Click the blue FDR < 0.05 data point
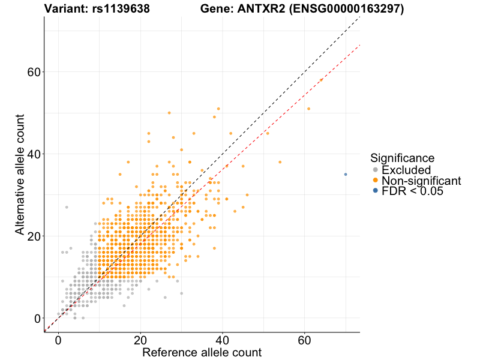pos(346,174)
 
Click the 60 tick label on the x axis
pos(304,340)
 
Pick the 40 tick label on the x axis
pos(222,340)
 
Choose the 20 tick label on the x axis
pos(140,340)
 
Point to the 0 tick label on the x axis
pos(58,340)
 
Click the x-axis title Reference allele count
pos(202,353)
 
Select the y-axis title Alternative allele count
pos(20,174)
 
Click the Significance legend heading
pos(402,158)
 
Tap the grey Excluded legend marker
pos(376,170)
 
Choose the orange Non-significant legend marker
pos(376,181)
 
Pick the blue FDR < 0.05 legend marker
pos(376,191)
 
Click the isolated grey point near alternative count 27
pos(67,207)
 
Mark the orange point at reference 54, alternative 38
pos(280,162)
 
